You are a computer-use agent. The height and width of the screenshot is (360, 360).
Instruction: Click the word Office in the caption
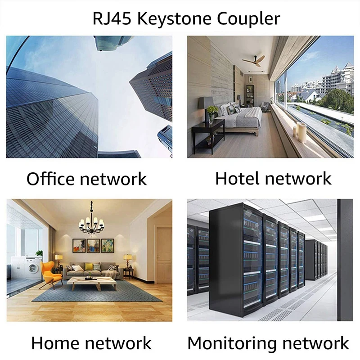coord(50,179)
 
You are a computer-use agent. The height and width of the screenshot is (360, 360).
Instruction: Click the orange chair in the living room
coord(47,272)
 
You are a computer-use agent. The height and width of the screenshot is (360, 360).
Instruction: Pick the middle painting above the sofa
coord(93,245)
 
